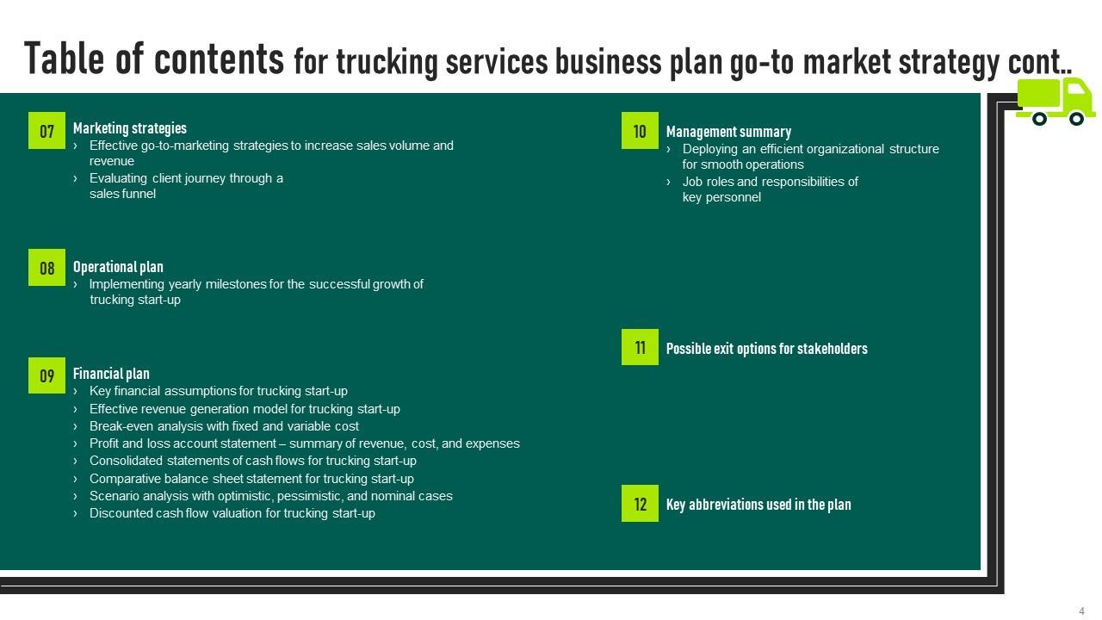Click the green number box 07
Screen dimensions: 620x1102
click(x=46, y=131)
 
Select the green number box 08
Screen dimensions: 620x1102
click(x=46, y=268)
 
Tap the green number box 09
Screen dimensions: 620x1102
click(x=46, y=375)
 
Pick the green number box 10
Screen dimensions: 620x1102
click(x=640, y=131)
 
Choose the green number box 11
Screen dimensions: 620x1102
click(x=640, y=347)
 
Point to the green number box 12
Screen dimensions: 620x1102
click(x=640, y=504)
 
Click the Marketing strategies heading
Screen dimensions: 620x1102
click(x=130, y=128)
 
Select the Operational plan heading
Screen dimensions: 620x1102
click(x=118, y=267)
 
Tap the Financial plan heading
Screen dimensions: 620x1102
click(x=111, y=374)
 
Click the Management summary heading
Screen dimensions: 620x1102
click(x=728, y=132)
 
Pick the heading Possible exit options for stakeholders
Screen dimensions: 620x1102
click(x=766, y=349)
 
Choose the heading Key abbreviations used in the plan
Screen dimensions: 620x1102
click(x=758, y=505)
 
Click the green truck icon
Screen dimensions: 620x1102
click(x=1055, y=102)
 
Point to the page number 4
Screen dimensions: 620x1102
click(x=1081, y=611)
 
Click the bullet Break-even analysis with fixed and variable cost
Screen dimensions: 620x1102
click(x=224, y=426)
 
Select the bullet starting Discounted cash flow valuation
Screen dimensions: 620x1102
click(x=232, y=513)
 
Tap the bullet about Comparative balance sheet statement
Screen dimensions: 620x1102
click(x=251, y=479)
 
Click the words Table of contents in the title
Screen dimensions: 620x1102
click(x=154, y=59)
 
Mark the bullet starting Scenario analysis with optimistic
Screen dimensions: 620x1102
click(x=270, y=496)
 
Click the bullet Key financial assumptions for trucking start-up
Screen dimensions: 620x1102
click(x=218, y=391)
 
